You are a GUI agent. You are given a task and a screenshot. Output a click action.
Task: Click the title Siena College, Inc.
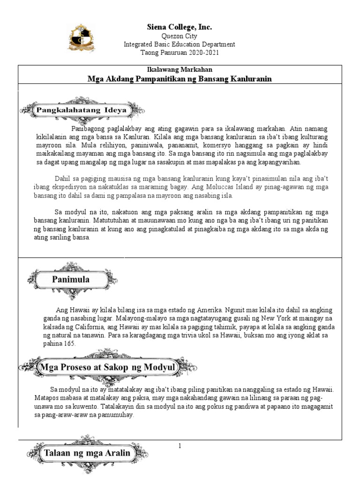click(180, 28)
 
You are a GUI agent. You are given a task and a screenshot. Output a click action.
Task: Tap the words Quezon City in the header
click(180, 36)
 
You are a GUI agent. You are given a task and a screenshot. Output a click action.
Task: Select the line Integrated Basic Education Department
click(180, 45)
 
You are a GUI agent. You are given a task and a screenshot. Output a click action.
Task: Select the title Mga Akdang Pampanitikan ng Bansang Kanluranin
click(180, 79)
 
